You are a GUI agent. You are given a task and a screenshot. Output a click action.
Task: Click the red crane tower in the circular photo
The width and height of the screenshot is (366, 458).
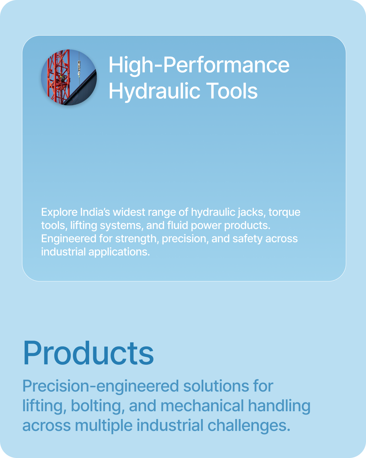click(58, 77)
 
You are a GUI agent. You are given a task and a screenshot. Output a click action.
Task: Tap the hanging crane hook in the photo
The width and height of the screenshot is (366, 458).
click(79, 68)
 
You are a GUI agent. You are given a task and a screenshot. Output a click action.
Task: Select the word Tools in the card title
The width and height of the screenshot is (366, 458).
click(232, 91)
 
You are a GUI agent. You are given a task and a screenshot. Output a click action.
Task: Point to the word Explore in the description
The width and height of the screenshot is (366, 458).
click(59, 212)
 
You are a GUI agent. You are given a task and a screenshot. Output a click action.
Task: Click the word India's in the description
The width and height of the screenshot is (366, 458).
click(95, 212)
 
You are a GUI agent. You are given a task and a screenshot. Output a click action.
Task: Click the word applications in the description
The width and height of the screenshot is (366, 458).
click(119, 252)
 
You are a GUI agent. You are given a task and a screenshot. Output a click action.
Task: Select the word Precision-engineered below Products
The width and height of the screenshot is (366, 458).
click(101, 386)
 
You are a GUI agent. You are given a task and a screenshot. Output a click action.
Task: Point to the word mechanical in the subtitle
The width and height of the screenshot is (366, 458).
click(202, 405)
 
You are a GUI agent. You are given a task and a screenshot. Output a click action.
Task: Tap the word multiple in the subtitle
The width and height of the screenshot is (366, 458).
click(104, 426)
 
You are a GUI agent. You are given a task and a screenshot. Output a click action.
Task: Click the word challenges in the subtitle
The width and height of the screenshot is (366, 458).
click(249, 426)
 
